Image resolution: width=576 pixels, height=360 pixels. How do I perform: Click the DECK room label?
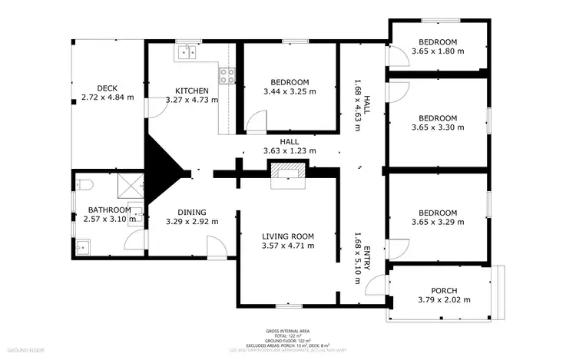[x=107, y=88]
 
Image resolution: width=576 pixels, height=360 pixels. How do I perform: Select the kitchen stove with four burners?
[x=228, y=75]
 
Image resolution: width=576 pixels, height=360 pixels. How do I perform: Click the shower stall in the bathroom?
[x=133, y=187]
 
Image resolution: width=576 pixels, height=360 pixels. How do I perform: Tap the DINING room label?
[x=192, y=213]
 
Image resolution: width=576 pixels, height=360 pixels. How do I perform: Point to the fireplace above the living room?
[x=289, y=173]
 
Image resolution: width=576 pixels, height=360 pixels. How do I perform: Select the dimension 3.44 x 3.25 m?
[x=290, y=91]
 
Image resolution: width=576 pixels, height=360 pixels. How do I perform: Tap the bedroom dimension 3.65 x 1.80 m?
[x=438, y=51]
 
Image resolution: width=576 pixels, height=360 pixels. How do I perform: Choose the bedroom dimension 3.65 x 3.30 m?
[x=438, y=127]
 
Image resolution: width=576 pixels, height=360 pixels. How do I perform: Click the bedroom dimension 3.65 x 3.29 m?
[x=438, y=223]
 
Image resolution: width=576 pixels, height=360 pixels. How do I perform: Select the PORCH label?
[x=443, y=290]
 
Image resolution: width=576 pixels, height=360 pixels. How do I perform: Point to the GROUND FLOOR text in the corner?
[x=23, y=350]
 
